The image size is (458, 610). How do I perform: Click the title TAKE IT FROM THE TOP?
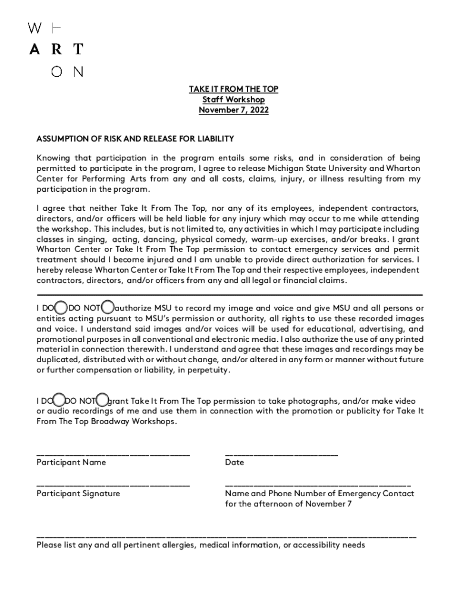tap(233, 89)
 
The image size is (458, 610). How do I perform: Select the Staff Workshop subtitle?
tap(233, 99)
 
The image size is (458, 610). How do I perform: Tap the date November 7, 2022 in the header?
tap(233, 110)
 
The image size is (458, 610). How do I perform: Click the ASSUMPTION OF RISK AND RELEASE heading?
tap(135, 139)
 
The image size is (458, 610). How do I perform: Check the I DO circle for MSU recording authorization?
tap(61, 308)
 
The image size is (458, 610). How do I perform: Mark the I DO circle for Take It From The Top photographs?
tap(61, 400)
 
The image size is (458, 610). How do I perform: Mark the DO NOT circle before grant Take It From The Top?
tap(103, 400)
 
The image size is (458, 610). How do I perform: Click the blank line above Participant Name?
tap(113, 453)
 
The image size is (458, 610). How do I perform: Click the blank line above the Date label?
tap(281, 453)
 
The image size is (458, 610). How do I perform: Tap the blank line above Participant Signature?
tap(113, 484)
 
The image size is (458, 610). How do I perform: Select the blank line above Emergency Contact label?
tap(318, 484)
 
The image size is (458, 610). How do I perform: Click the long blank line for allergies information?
tap(226, 536)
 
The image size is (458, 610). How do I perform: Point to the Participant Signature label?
tap(78, 494)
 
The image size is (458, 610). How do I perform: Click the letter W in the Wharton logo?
tap(35, 28)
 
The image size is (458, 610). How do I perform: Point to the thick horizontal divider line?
tap(230, 295)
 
